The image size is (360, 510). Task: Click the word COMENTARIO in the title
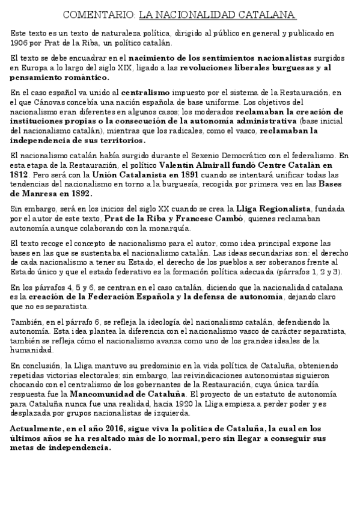(x=99, y=14)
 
